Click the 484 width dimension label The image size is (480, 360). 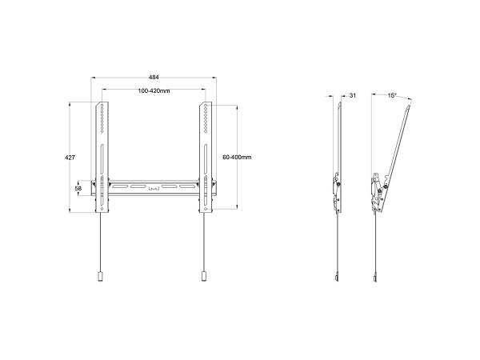tap(154, 78)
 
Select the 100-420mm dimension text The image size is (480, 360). tap(154, 91)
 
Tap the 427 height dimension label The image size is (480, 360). tap(70, 158)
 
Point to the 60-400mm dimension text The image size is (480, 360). tap(237, 158)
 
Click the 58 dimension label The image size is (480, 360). tap(78, 189)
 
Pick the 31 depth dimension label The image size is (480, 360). tap(353, 95)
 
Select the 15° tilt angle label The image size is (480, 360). tap(392, 95)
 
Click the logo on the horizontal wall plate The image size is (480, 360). tap(154, 189)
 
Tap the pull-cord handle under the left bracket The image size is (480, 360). tap(100, 277)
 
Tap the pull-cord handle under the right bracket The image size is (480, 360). tap(204, 277)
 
